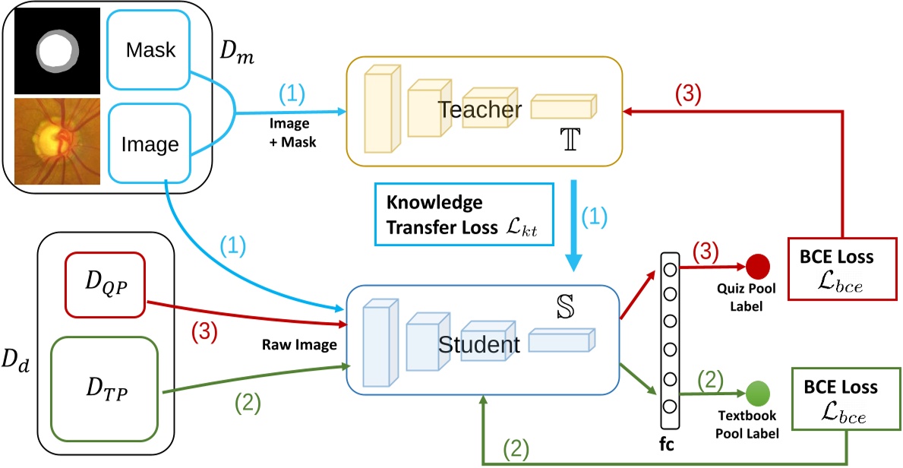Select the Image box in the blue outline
[150, 144]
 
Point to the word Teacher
[479, 110]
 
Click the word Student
[478, 345]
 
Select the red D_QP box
[104, 285]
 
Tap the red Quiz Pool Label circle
[758, 266]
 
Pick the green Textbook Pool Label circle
[757, 394]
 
